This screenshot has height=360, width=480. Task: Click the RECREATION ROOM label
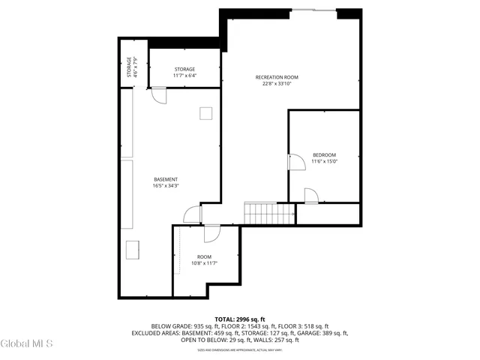[x=277, y=77]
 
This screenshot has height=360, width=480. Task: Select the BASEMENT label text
[x=166, y=179]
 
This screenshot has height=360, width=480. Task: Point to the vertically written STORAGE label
[x=129, y=66]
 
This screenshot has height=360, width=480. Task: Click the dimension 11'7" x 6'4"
[x=184, y=75]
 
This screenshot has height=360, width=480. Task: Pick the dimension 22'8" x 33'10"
[x=277, y=84]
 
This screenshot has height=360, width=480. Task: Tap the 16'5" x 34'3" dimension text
[x=166, y=186]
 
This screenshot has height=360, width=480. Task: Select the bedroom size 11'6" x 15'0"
[x=325, y=160]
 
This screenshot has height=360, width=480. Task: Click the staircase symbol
[x=269, y=212]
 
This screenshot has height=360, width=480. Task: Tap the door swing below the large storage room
[x=158, y=94]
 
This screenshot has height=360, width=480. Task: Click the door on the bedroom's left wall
[x=294, y=163]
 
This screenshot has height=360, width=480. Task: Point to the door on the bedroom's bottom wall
[x=310, y=196]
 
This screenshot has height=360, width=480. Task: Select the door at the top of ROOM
[x=211, y=232]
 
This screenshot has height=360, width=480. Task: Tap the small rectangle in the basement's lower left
[x=135, y=249]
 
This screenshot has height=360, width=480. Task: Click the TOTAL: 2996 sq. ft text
[x=239, y=319]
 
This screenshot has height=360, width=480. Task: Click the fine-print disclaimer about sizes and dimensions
[x=239, y=349]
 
